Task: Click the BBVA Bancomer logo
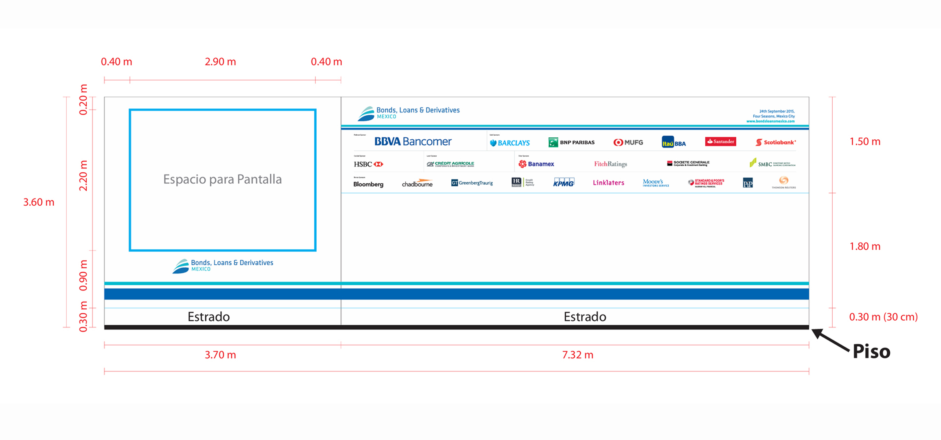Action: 413,142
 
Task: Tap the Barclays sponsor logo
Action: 510,143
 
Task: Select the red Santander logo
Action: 720,141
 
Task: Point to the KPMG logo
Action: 564,183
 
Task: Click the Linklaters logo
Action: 608,183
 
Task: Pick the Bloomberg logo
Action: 368,184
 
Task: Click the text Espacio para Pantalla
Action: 222,179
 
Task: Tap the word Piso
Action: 871,352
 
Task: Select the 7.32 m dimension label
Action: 578,355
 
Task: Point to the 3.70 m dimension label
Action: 220,355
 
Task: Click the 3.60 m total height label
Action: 39,202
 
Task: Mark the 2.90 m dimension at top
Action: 220,62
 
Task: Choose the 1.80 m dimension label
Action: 865,246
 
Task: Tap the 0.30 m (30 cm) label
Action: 883,317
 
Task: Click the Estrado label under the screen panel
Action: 208,317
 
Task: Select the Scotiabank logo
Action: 776,142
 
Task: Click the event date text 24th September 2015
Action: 777,111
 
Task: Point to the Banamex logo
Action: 536,164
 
